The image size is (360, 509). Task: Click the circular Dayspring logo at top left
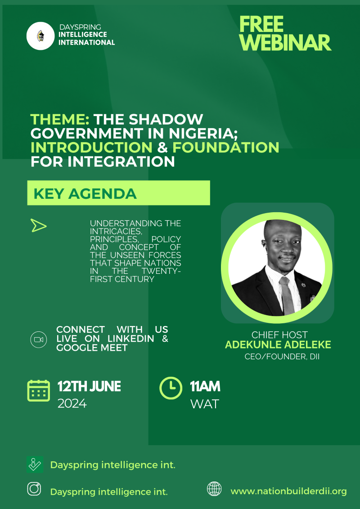[x=40, y=36]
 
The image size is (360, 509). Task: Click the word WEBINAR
[x=286, y=43]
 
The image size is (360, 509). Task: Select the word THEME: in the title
[x=60, y=120]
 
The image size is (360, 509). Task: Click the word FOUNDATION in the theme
[x=226, y=147]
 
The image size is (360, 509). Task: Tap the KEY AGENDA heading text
[x=85, y=194]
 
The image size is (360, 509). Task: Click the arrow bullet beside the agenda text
[x=39, y=225]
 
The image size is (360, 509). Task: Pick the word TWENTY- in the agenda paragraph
[x=165, y=271]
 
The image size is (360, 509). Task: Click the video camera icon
[x=39, y=339]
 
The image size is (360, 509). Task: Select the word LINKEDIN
[x=130, y=339]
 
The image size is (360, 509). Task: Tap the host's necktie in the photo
[x=287, y=295]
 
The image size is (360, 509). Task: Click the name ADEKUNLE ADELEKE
[x=278, y=345]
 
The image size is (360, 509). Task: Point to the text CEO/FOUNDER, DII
[x=282, y=357]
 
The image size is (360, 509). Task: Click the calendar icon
[x=39, y=390]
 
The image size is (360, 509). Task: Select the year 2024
[x=72, y=404]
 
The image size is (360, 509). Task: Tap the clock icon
[x=171, y=388]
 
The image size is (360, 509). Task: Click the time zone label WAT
[x=205, y=404]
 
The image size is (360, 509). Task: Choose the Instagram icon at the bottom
[x=34, y=489]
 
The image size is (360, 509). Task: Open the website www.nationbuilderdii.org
[x=289, y=491]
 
